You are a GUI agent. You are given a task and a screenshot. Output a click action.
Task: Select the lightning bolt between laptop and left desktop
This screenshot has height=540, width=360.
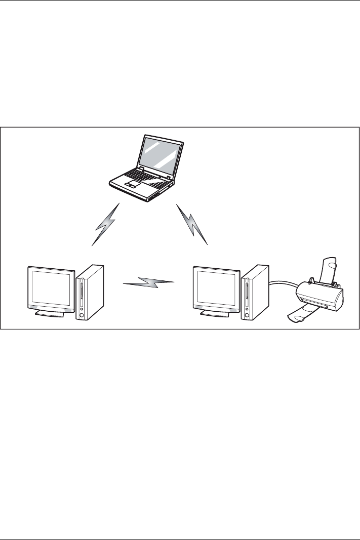[x=106, y=224]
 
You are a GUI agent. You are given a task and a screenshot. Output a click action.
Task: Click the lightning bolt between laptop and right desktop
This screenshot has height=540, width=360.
[x=193, y=225]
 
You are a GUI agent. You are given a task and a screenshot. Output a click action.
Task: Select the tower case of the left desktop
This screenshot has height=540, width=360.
[x=90, y=292]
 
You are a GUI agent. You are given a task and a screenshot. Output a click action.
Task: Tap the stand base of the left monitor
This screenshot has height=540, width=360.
[x=49, y=314]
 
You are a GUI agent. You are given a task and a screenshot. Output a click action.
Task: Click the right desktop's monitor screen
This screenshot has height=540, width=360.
[x=215, y=286]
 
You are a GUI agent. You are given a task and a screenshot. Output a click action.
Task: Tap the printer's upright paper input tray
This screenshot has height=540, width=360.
[x=329, y=268]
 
